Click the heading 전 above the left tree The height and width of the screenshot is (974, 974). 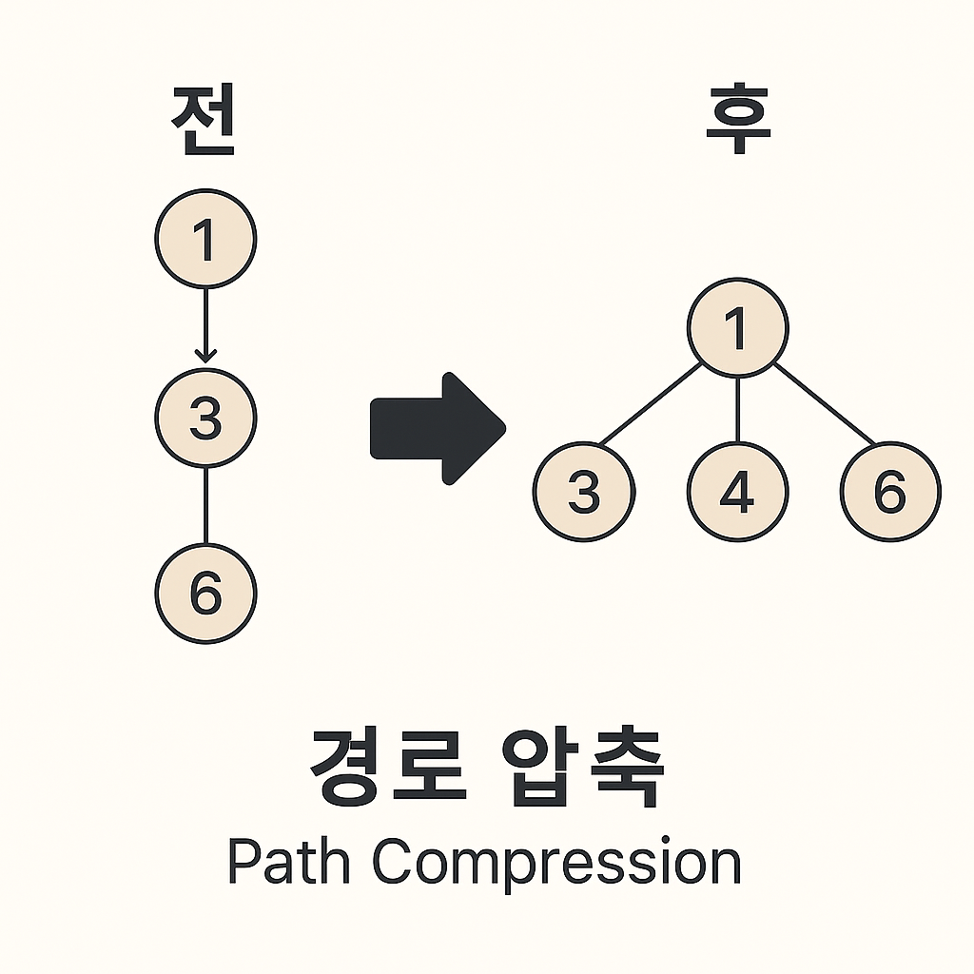click(x=204, y=123)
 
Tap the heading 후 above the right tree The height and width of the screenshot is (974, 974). click(x=738, y=123)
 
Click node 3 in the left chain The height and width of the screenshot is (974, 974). click(x=205, y=417)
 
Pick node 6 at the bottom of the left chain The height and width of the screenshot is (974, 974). click(x=205, y=594)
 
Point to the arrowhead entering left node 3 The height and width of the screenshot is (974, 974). click(x=205, y=356)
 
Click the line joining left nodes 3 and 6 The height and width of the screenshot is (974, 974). click(x=205, y=505)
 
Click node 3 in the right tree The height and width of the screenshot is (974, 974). click(x=584, y=492)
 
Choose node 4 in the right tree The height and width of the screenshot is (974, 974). click(x=738, y=492)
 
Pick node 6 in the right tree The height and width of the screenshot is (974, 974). click(x=890, y=492)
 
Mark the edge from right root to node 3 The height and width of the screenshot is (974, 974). click(x=651, y=403)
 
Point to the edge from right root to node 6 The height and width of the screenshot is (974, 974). click(x=824, y=403)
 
